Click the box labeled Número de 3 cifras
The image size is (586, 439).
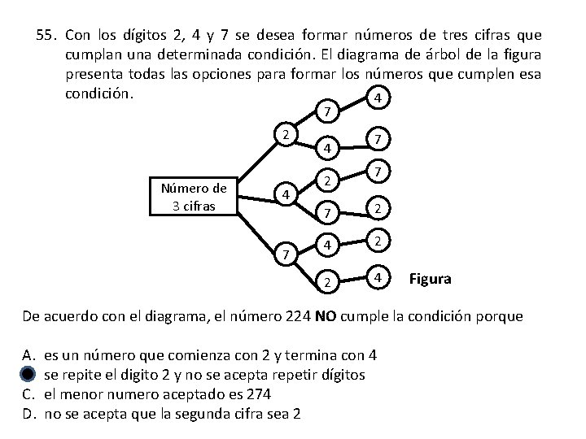pyautogui.click(x=194, y=196)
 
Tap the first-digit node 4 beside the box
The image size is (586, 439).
pyautogui.click(x=283, y=194)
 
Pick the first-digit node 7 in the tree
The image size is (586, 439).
pyautogui.click(x=283, y=257)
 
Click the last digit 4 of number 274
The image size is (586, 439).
pyautogui.click(x=375, y=98)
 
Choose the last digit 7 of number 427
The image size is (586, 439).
pyautogui.click(x=375, y=172)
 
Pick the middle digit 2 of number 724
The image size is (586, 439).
pyautogui.click(x=326, y=282)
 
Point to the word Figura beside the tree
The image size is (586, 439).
pyautogui.click(x=431, y=280)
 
